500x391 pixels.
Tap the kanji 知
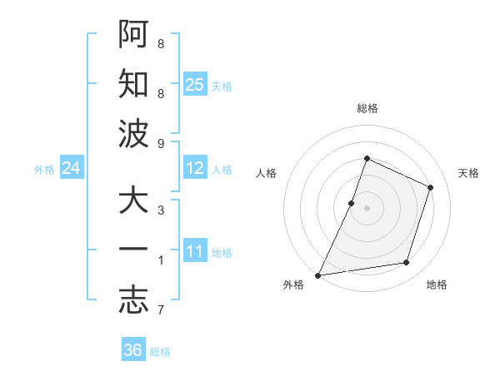[132, 84]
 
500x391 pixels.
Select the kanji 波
[132, 134]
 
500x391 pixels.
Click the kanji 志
[132, 301]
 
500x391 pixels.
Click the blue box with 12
[195, 168]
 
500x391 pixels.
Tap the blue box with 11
[195, 251]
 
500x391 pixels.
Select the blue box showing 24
[72, 168]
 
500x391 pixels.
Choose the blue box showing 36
[133, 350]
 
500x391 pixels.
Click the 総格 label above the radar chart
[367, 108]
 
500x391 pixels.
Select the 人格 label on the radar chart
[266, 173]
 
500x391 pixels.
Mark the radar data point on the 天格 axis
[431, 187]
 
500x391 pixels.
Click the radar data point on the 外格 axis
[317, 275]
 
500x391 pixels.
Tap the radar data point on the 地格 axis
[407, 263]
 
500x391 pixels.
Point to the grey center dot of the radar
[367, 208]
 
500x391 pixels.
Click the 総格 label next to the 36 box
[160, 352]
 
